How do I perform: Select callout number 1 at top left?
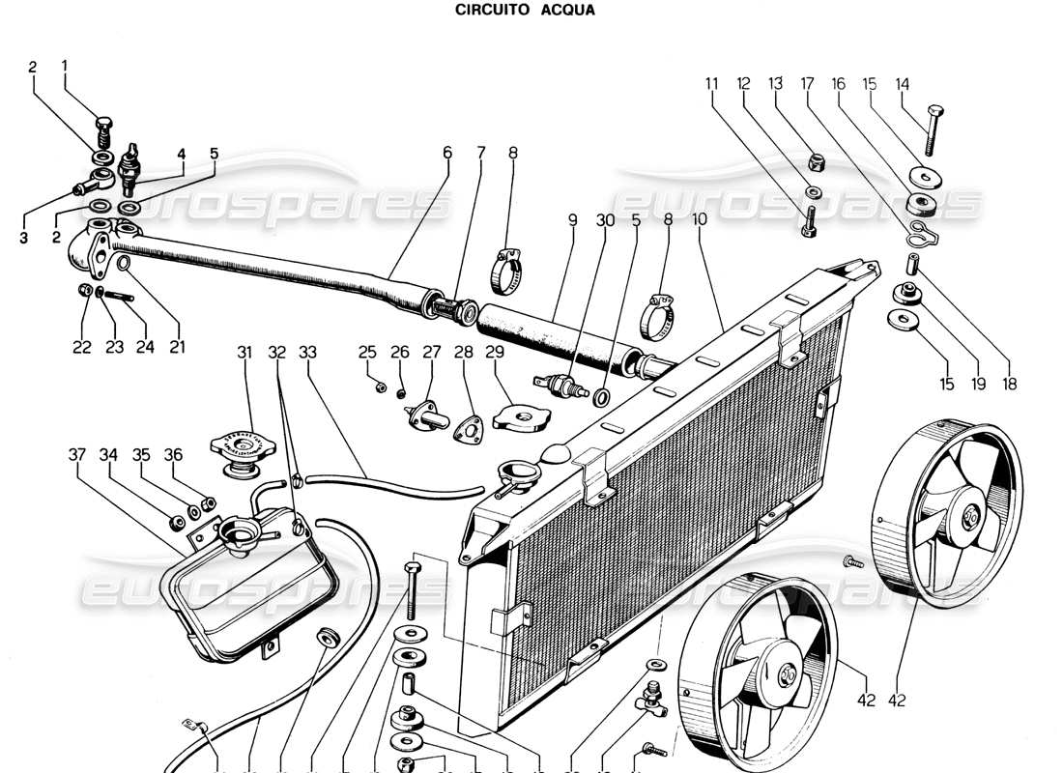point(65,67)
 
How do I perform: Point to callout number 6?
point(447,152)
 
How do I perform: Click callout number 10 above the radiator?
point(699,219)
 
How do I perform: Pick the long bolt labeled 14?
point(932,129)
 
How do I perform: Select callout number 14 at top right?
point(903,84)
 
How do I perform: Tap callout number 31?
point(244,353)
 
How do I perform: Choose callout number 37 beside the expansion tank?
point(77,454)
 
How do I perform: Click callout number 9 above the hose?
point(572,219)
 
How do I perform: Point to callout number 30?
point(605,219)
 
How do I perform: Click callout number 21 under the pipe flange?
point(177,346)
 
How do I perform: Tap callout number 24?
point(144,346)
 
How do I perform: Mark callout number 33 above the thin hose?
point(307,353)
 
